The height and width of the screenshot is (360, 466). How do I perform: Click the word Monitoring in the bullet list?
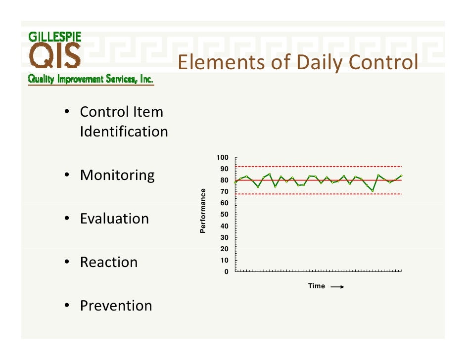pyautogui.click(x=117, y=176)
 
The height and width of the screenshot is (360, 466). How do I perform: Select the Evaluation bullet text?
pyautogui.click(x=114, y=219)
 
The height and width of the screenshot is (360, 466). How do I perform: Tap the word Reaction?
pyautogui.click(x=109, y=262)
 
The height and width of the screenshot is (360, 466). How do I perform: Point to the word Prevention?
pyautogui.click(x=116, y=306)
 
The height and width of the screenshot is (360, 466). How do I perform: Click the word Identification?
pyautogui.click(x=124, y=132)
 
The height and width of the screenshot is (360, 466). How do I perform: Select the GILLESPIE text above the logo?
pyautogui.click(x=55, y=37)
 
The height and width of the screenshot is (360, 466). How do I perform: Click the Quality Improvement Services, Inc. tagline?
pyautogui.click(x=91, y=79)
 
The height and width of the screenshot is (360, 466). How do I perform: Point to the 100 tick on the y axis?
pyautogui.click(x=222, y=158)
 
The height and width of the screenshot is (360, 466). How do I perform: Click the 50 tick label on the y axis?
pyautogui.click(x=224, y=215)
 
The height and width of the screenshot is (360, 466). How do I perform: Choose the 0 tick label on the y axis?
pyautogui.click(x=227, y=272)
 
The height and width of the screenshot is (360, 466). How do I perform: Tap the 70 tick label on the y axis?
pyautogui.click(x=224, y=192)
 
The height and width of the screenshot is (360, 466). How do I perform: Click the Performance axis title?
pyautogui.click(x=203, y=211)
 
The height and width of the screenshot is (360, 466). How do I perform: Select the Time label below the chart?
pyautogui.click(x=317, y=286)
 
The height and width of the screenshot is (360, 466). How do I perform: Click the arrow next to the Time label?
pyautogui.click(x=336, y=286)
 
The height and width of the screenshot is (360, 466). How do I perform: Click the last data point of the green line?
pyautogui.click(x=401, y=176)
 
